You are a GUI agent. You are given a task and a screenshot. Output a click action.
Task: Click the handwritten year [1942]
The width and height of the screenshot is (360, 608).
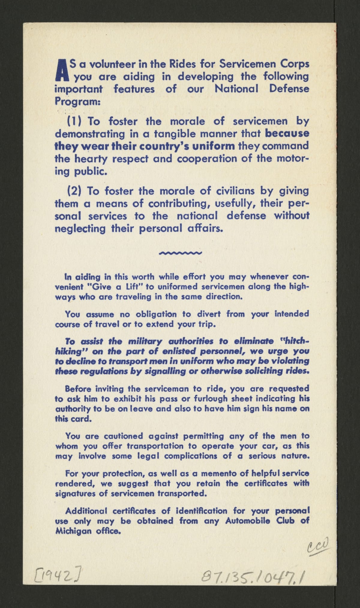58,575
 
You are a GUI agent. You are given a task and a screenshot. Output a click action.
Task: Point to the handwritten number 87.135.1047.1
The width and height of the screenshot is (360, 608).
252,576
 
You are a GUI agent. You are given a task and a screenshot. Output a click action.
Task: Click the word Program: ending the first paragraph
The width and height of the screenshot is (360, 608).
77,101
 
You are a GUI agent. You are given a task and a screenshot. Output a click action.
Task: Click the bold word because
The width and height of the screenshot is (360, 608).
287,134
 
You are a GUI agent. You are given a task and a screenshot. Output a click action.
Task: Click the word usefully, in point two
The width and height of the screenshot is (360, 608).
232,204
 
